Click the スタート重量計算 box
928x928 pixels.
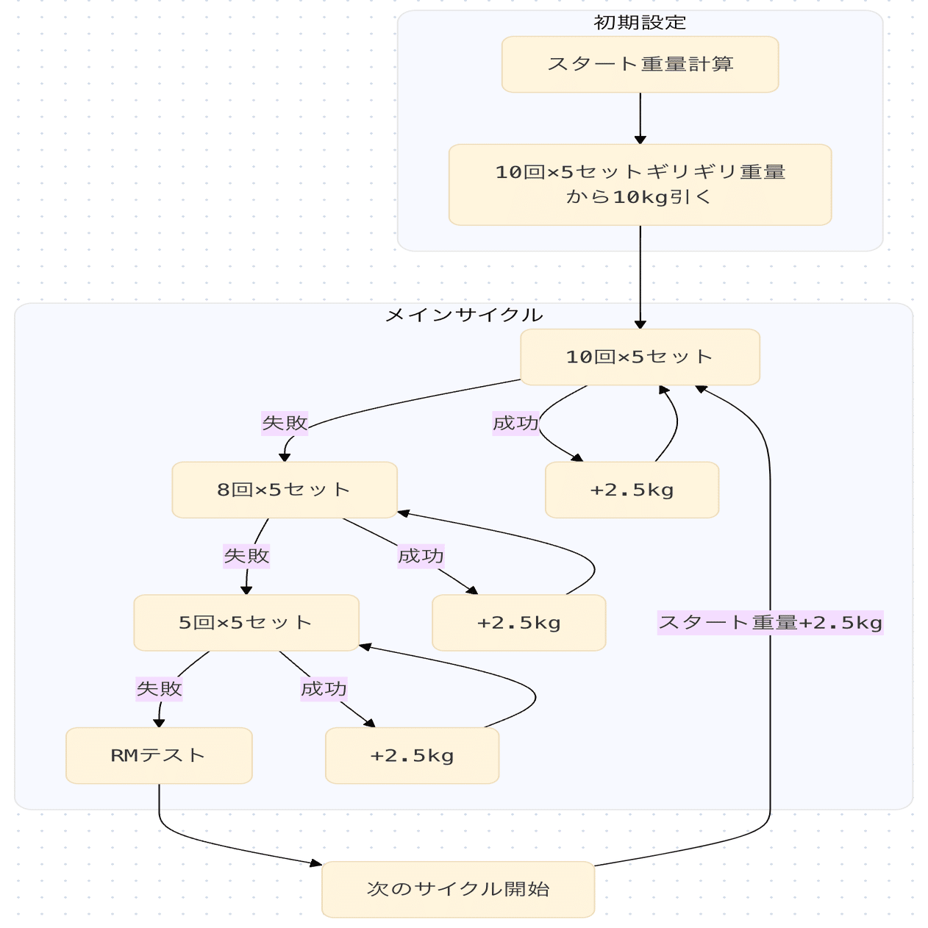tap(640, 65)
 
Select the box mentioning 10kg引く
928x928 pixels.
tap(640, 185)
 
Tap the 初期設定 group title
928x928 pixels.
tap(640, 23)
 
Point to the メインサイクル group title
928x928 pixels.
tap(464, 315)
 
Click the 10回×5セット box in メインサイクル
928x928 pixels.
tap(640, 357)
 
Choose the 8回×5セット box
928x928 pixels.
tap(285, 490)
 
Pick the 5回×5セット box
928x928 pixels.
tap(246, 623)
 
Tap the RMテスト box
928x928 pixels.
tap(159, 756)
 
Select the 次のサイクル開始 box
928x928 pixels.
tap(457, 889)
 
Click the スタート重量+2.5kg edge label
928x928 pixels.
tap(770, 623)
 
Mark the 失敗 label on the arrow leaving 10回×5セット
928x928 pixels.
tap(285, 423)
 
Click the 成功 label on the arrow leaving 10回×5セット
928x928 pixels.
tap(515, 423)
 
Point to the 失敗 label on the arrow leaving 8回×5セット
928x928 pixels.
tap(246, 556)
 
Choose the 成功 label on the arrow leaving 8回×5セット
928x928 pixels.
tap(421, 556)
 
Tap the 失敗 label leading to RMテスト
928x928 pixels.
tap(159, 689)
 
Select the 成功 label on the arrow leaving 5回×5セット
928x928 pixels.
tap(324, 689)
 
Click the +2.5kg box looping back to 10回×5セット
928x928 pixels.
tap(632, 490)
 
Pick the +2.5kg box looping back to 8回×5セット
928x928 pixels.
tap(518, 624)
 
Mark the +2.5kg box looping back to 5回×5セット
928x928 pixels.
tap(412, 756)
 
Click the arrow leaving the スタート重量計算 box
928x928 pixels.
tap(640, 118)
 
